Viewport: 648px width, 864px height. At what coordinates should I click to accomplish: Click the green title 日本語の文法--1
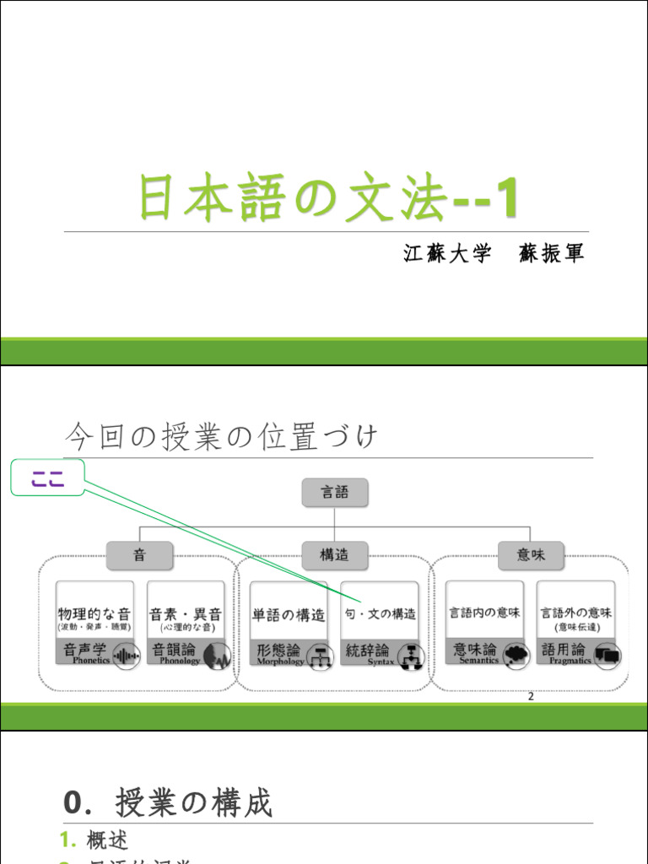pos(328,199)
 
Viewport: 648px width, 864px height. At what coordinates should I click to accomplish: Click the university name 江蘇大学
pos(447,254)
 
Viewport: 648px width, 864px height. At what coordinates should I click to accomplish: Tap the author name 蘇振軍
pos(553,254)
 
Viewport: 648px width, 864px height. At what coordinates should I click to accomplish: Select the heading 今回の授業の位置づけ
pos(221,438)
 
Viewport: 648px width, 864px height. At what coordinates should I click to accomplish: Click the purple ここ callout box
pos(48,480)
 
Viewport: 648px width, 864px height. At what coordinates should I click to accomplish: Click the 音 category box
pos(139,555)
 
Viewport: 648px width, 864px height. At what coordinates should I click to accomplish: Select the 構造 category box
pos(335,555)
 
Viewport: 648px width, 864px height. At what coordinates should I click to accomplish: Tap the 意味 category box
pos(530,555)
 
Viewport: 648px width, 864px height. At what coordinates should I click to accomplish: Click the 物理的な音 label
pos(94,613)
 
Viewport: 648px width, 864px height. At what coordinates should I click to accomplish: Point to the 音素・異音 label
pos(186,613)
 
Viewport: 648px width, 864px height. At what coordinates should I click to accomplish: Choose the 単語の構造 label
pos(289,615)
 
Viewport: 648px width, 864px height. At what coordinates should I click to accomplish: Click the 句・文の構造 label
pos(380,614)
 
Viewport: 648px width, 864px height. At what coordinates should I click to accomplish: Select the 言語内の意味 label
pos(484,613)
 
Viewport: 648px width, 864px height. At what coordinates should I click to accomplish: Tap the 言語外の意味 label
pos(576,613)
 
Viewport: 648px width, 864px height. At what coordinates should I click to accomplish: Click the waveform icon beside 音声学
pos(126,654)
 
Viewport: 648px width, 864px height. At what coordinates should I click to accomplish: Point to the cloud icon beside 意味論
pos(515,654)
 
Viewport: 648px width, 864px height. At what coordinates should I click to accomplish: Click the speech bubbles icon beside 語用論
pos(607,654)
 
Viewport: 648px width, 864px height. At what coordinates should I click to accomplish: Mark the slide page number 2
pos(531,696)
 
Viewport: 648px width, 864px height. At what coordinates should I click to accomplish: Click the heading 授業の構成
pos(194,802)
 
